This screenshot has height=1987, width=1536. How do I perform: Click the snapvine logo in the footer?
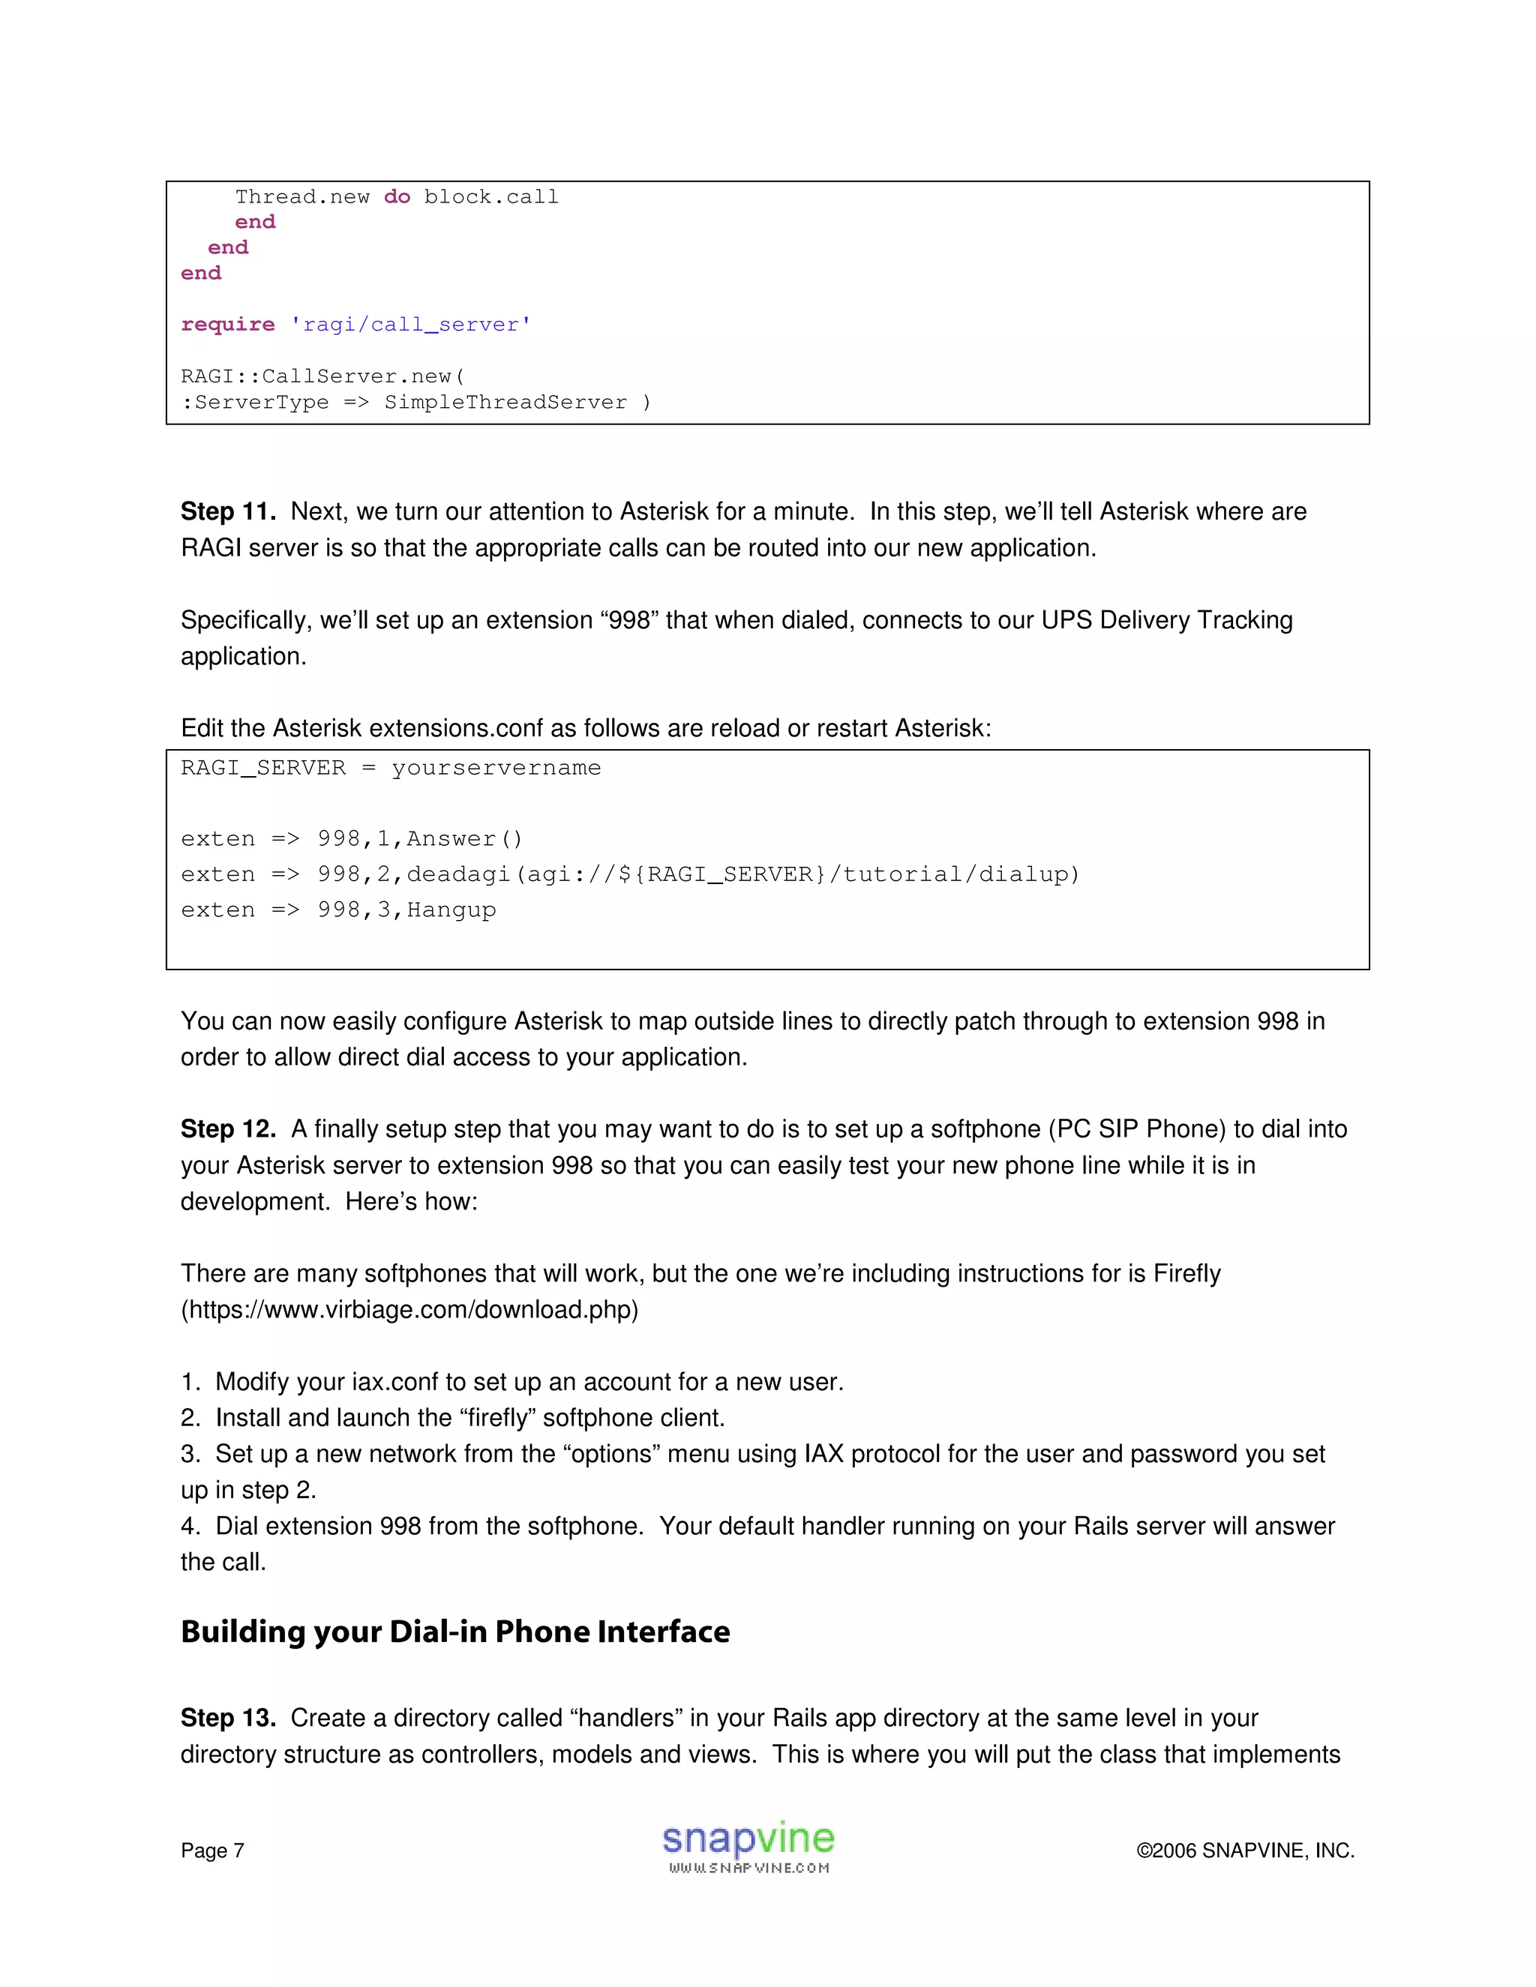coord(748,1847)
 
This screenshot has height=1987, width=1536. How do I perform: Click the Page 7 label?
coord(212,1851)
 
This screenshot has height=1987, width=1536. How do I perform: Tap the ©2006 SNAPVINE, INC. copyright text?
coord(1245,1851)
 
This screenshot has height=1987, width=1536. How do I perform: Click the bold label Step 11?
coord(227,511)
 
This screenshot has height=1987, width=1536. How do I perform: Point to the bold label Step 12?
coord(227,1129)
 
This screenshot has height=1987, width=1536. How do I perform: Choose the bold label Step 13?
coord(227,1718)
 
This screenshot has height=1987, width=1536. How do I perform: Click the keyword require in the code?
coord(227,325)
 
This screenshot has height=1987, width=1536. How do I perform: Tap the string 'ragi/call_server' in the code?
coord(410,325)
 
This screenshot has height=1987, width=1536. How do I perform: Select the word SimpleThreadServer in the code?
coord(505,402)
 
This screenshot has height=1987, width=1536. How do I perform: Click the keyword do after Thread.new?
coord(397,196)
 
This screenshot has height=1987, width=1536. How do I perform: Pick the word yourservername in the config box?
coord(496,768)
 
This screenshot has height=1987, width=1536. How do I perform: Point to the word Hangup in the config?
coord(451,910)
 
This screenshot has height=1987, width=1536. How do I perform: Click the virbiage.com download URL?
coord(409,1310)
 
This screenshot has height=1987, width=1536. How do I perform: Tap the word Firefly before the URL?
coord(1186,1274)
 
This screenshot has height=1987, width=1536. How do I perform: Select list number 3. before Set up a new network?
coord(190,1454)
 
